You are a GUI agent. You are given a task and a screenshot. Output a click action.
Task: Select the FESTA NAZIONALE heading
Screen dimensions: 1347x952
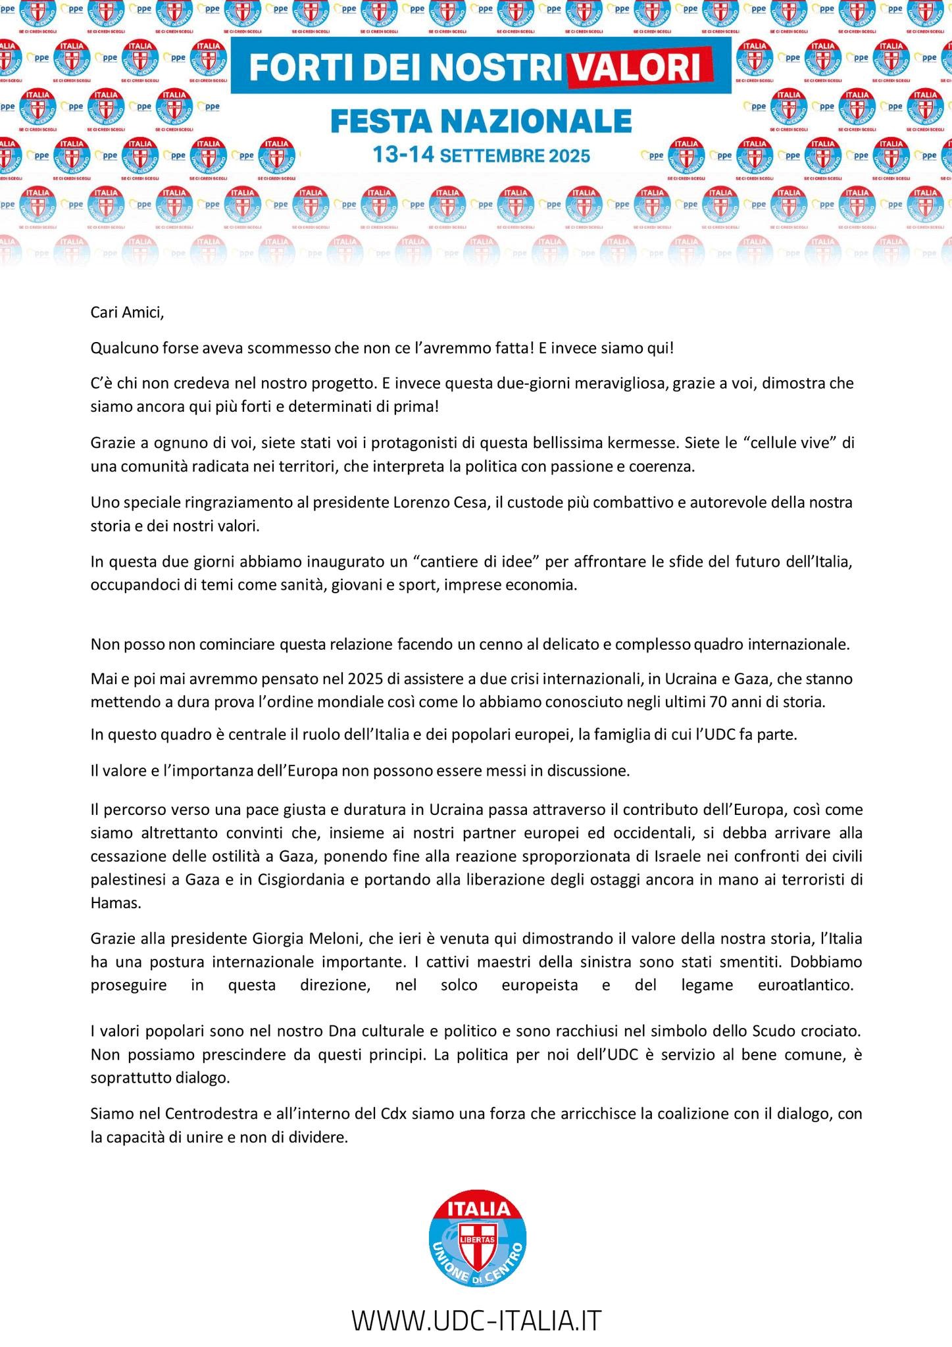pyautogui.click(x=481, y=120)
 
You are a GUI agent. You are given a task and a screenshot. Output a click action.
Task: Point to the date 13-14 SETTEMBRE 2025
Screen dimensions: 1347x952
pyautogui.click(x=481, y=156)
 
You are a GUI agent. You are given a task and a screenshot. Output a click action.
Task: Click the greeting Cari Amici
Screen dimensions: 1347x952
pyautogui.click(x=126, y=312)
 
